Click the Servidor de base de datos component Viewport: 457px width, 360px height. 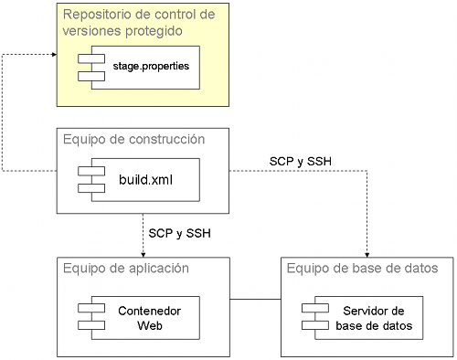[364, 317]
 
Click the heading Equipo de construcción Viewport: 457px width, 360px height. [133, 139]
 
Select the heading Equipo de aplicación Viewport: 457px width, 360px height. [126, 268]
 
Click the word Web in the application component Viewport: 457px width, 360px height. [149, 325]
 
